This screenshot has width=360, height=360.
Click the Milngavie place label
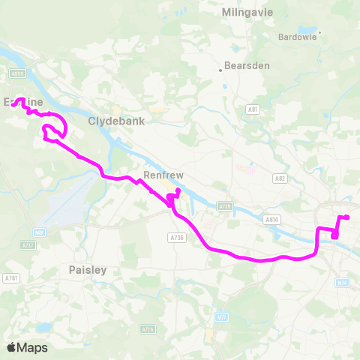248,13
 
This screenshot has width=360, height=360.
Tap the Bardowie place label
298,36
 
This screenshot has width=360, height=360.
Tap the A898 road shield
17,73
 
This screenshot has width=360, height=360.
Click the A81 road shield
253,109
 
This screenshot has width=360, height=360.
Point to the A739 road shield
224,205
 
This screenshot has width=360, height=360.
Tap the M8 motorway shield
39,233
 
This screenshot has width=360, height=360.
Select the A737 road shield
28,245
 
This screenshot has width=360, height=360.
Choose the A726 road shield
148,328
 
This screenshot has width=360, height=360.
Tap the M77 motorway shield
220,316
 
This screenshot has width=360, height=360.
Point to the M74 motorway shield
343,282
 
